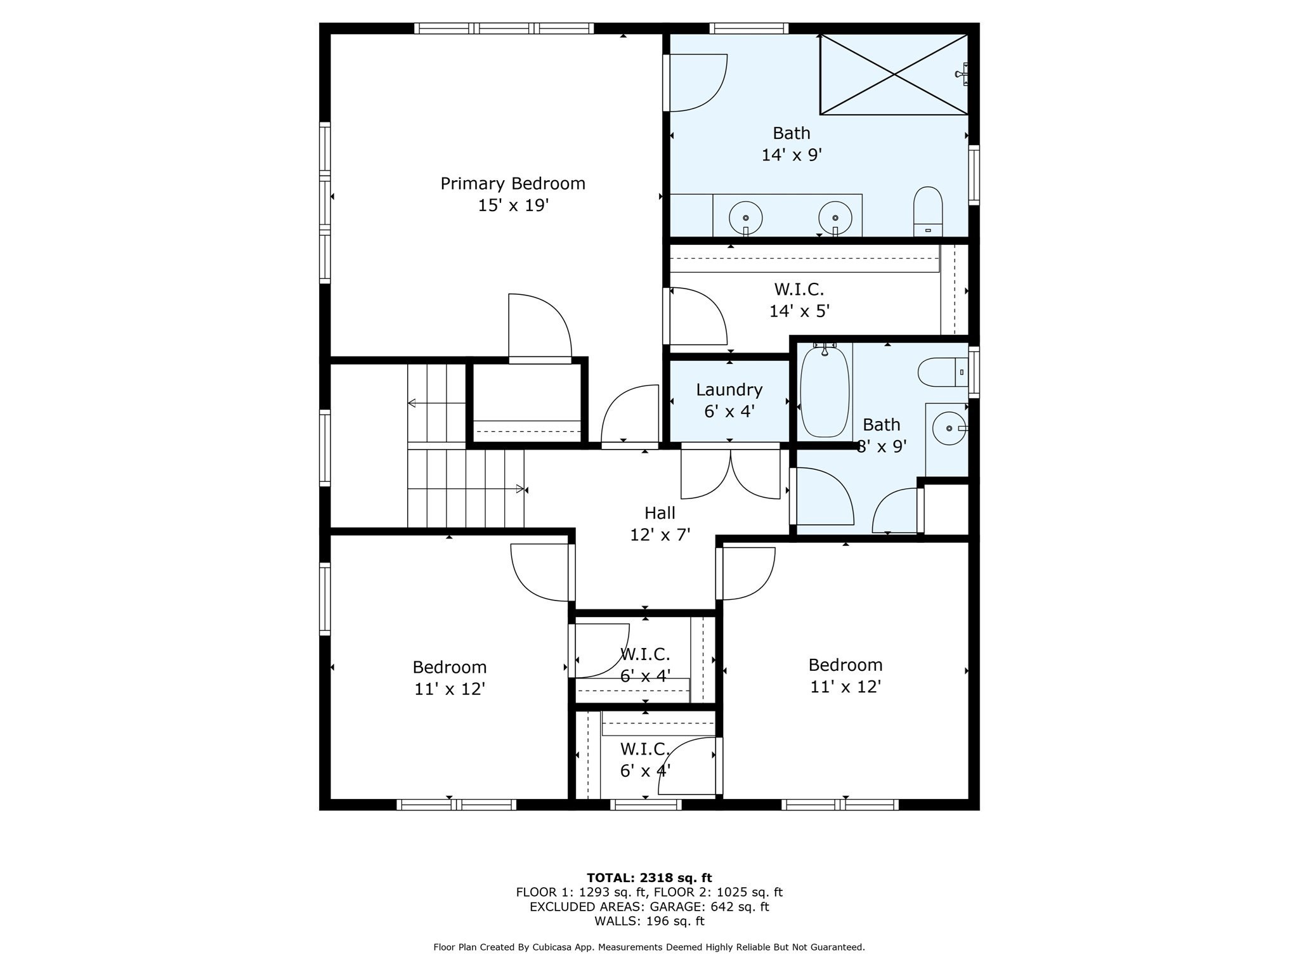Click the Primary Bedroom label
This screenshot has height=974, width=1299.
(x=512, y=184)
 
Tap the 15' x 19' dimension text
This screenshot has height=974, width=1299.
(x=512, y=205)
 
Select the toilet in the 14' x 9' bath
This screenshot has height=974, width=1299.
(x=928, y=212)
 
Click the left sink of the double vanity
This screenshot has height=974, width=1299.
(x=745, y=218)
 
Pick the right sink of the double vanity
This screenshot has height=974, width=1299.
(x=835, y=218)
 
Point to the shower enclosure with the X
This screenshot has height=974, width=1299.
(x=894, y=74)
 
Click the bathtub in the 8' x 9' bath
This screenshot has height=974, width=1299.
(x=825, y=391)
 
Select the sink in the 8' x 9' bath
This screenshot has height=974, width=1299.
(x=949, y=428)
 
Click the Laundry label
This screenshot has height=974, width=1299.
(x=729, y=389)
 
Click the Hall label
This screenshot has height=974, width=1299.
(x=660, y=512)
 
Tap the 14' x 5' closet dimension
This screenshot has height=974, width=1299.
(x=799, y=311)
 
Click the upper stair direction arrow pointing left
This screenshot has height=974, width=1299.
(x=437, y=403)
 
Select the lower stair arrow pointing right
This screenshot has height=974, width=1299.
(x=466, y=489)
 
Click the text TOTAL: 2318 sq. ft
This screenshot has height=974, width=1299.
(x=649, y=878)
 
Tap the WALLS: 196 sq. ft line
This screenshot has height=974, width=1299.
(x=649, y=921)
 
